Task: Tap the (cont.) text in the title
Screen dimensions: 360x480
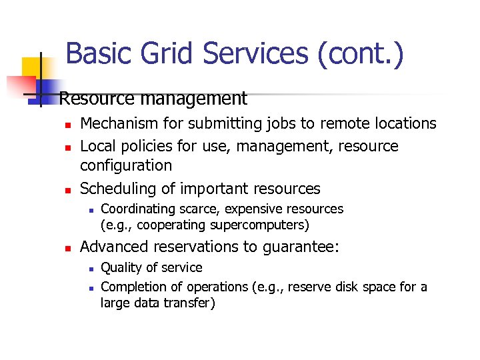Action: pyautogui.click(x=361, y=54)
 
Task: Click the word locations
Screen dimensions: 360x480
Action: pyautogui.click(x=403, y=123)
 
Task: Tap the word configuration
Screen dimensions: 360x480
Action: pyautogui.click(x=126, y=165)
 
